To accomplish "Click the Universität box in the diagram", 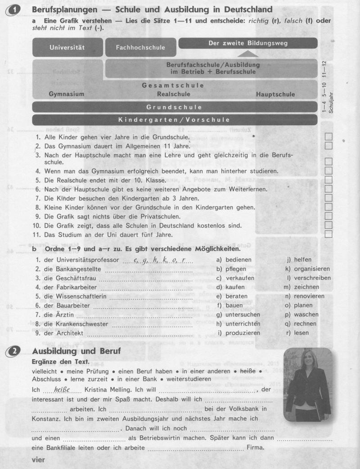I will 67,47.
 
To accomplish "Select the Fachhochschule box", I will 140,47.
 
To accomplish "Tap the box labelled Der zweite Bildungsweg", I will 248,43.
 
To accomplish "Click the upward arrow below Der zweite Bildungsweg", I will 246,54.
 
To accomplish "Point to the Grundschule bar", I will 174,107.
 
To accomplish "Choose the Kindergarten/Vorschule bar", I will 174,120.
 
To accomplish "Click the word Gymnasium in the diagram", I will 66,94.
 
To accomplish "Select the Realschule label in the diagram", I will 174,94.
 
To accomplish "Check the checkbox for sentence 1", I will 328,136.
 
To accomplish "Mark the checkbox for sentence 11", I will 328,234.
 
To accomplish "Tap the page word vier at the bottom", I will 39,460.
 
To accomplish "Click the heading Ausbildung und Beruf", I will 77,351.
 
